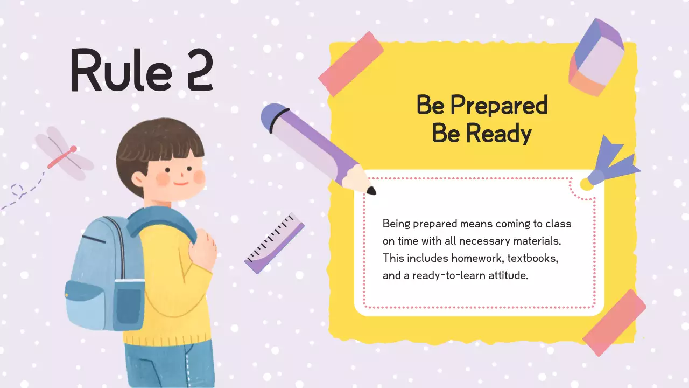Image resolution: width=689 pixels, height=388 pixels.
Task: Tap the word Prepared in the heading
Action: click(498, 106)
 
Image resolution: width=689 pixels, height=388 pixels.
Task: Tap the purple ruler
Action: click(274, 243)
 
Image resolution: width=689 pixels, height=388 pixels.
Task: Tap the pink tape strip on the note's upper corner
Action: click(350, 64)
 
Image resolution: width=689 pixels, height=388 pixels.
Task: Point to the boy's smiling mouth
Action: click(181, 183)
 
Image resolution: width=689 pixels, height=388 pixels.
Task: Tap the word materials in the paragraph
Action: click(538, 241)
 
